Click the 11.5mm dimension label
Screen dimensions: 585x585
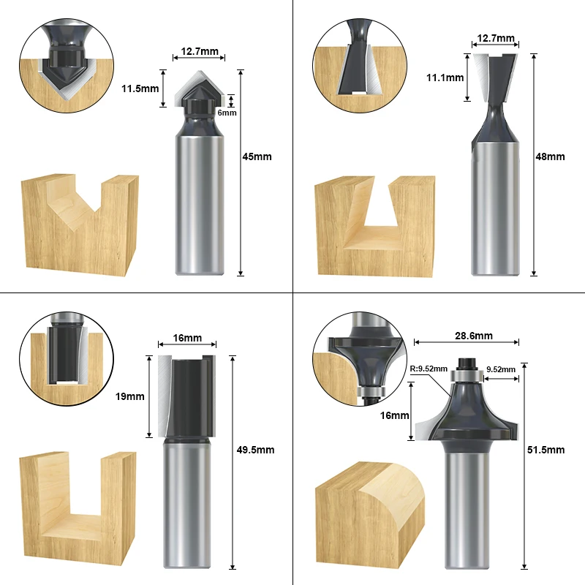pos(140,88)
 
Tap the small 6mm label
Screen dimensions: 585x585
pos(227,113)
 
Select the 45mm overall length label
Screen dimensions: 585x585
pos(257,156)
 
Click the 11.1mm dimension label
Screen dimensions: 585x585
pos(445,78)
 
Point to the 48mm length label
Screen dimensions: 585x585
pos(551,156)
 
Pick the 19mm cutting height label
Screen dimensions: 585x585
pos(130,396)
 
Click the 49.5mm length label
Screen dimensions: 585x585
pos(255,450)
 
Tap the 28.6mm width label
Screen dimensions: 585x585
pos(474,336)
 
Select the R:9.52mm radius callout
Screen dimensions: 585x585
pos(429,369)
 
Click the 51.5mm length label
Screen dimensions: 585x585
pos(546,450)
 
